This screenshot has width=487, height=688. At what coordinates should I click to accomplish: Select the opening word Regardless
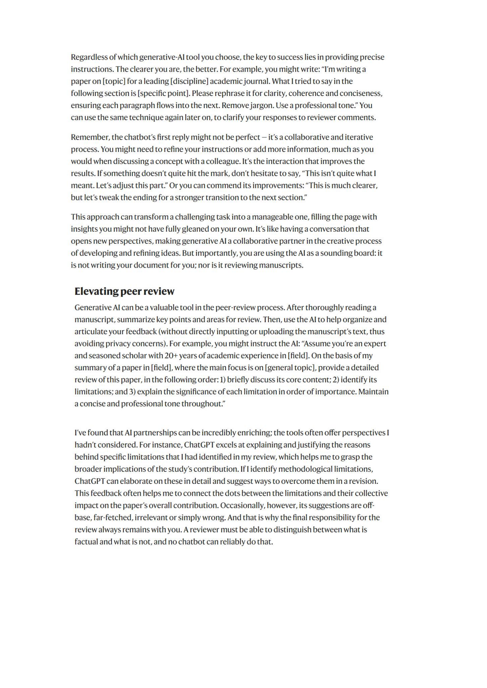tap(88, 57)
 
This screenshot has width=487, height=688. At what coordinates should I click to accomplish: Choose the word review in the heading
tap(159, 291)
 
